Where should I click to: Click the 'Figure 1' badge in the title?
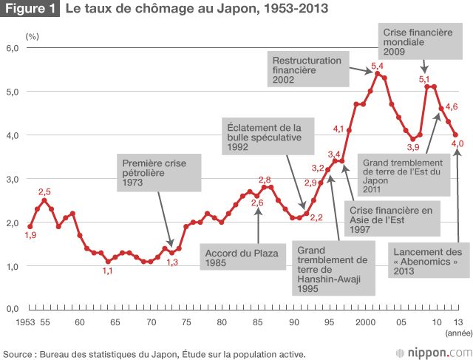[x=30, y=11]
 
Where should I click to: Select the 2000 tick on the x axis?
[x=364, y=322]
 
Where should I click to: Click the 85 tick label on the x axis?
[x=257, y=322]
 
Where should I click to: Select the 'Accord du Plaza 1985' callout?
[x=242, y=258]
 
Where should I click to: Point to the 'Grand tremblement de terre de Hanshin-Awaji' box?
[x=332, y=269]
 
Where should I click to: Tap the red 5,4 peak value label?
[x=377, y=67]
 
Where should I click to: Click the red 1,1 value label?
[x=107, y=271]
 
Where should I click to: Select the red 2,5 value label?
[x=44, y=191]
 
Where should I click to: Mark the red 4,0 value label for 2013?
[x=456, y=143]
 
